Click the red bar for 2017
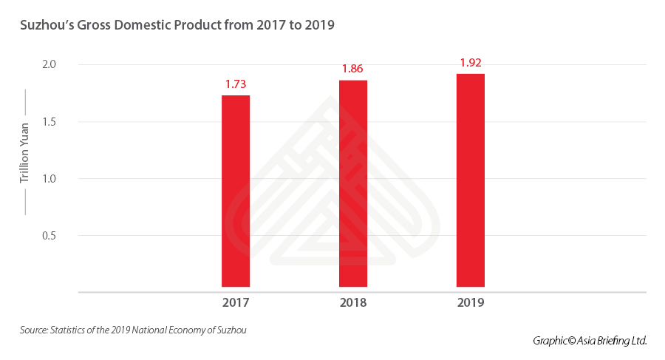pos(236,191)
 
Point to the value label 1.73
pos(236,84)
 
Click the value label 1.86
pos(353,69)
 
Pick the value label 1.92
pos(471,63)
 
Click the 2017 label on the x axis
pos(236,303)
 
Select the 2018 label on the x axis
pos(353,303)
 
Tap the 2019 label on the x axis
pos(471,303)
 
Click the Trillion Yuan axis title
pos(24,152)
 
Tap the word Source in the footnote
pos(33,330)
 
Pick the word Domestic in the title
pos(143,25)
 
